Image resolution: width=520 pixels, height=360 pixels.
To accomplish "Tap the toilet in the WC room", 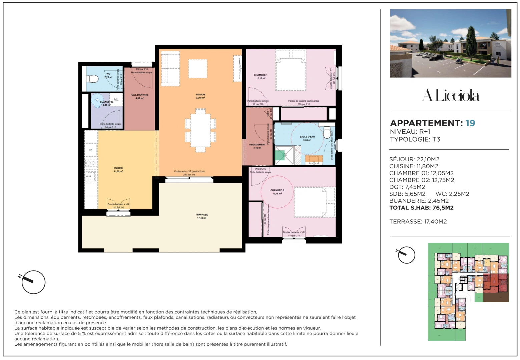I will coord(92,79).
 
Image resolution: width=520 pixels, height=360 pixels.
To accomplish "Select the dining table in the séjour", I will coord(200,130).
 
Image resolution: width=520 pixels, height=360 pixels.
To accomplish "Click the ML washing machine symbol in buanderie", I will coord(116,100).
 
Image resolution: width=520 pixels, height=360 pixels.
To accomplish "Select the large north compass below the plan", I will coord(33,282).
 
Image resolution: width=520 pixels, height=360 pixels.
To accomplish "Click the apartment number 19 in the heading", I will coord(470,123).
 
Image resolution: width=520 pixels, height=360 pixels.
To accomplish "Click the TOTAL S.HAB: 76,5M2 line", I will coord(421,208).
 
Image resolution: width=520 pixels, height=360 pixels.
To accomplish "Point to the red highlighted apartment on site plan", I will coord(495,284).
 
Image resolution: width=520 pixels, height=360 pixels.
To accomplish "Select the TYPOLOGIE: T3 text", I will coord(415,139).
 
